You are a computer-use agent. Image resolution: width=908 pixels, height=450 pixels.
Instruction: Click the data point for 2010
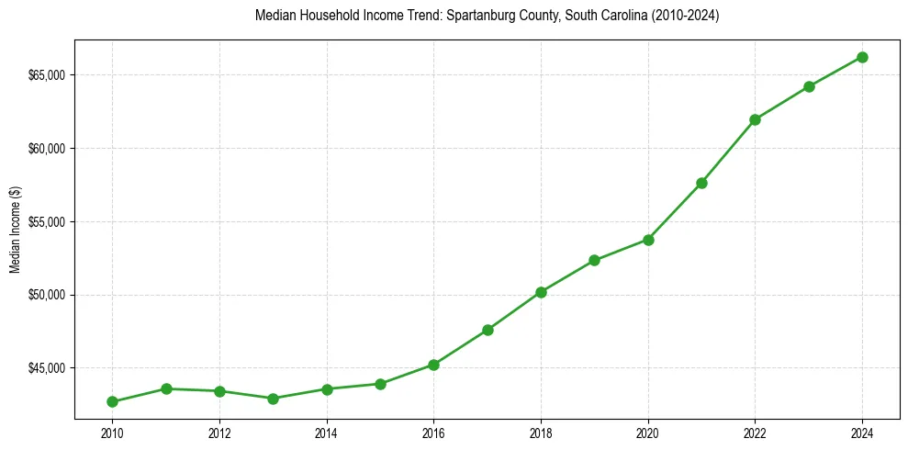[x=112, y=401]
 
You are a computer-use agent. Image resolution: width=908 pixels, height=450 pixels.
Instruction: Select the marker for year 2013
[x=273, y=399]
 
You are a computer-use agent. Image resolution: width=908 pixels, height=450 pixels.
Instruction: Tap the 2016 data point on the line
[x=433, y=365]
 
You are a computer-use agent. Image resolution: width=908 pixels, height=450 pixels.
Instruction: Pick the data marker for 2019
[x=594, y=260]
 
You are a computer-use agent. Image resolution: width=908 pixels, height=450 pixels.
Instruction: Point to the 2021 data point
[x=701, y=183]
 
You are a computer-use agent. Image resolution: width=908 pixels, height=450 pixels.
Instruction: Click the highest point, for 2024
[x=862, y=57]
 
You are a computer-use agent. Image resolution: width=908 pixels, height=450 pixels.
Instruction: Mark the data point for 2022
[x=755, y=119]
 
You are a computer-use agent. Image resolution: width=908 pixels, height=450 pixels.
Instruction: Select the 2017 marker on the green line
[x=488, y=330]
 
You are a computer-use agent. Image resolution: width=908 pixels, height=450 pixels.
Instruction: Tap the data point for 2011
[x=166, y=388]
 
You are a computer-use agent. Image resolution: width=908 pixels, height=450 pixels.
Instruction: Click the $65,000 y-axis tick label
[x=47, y=74]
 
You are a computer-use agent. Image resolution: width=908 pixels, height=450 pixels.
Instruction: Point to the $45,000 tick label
[x=47, y=368]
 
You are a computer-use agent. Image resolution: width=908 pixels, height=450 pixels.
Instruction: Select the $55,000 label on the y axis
[x=47, y=221]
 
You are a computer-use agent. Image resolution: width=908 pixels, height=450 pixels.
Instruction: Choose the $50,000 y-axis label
[x=47, y=295]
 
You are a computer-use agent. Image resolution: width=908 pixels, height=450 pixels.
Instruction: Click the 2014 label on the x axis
[x=327, y=431]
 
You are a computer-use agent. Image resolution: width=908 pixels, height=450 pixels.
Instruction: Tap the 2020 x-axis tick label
[x=648, y=431]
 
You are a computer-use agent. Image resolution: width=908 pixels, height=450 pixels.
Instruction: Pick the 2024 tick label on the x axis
[x=862, y=431]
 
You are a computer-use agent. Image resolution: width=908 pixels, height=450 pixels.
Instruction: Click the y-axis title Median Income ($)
[x=15, y=229]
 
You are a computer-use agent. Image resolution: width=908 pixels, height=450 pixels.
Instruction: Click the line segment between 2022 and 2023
[x=782, y=103]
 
